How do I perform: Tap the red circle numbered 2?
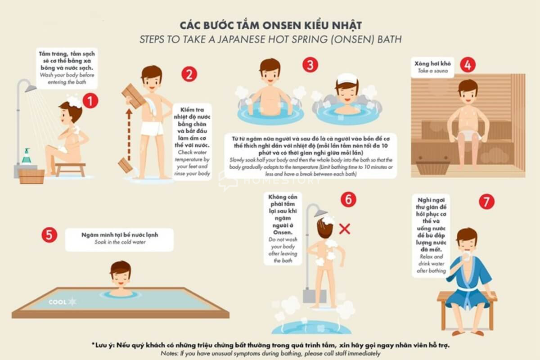189,74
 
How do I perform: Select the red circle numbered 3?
310,65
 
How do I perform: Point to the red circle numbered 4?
468,65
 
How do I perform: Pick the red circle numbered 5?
49,235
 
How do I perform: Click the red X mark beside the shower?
344,229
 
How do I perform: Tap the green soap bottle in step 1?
27,156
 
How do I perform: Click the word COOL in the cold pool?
57,302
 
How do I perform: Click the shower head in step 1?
31,88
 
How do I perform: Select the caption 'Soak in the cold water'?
119,242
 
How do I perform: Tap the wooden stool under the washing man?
70,168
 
